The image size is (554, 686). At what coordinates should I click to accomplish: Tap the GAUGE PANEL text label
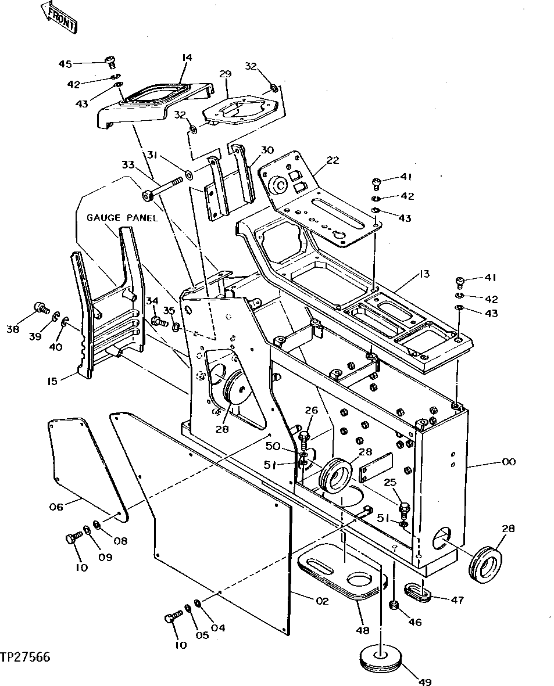point(122,218)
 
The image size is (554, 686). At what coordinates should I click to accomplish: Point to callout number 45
point(65,63)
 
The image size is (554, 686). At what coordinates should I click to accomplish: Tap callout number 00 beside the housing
point(509,462)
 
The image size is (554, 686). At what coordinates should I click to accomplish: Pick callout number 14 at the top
point(187,58)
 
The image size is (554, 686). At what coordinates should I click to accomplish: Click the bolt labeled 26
point(304,437)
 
